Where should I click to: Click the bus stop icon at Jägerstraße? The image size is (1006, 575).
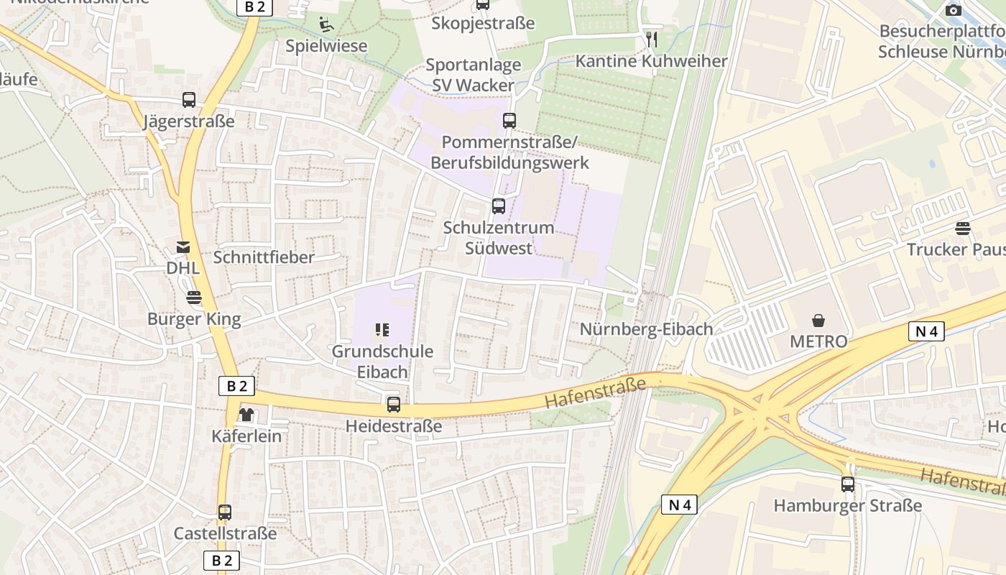pyautogui.click(x=189, y=100)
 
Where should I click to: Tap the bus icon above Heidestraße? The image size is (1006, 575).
pyautogui.click(x=394, y=405)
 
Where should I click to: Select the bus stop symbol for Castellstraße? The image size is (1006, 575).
pyautogui.click(x=225, y=512)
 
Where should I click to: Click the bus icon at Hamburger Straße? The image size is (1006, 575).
pyautogui.click(x=848, y=484)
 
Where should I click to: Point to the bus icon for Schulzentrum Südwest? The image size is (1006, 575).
pyautogui.click(x=499, y=206)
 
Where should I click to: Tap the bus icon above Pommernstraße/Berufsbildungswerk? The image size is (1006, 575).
pyautogui.click(x=509, y=120)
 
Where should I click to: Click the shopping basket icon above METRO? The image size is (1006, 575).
pyautogui.click(x=818, y=320)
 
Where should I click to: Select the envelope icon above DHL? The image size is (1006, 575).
pyautogui.click(x=183, y=247)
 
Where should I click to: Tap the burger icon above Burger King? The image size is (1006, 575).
pyautogui.click(x=194, y=298)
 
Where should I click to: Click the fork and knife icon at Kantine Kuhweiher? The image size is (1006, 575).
pyautogui.click(x=652, y=39)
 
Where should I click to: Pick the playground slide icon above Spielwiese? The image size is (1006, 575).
pyautogui.click(x=326, y=24)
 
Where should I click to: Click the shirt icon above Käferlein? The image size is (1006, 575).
pyautogui.click(x=246, y=415)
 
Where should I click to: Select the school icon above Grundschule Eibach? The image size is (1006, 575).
pyautogui.click(x=382, y=330)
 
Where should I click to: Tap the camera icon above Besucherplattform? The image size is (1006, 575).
pyautogui.click(x=954, y=10)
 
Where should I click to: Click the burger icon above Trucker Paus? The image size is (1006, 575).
pyautogui.click(x=963, y=229)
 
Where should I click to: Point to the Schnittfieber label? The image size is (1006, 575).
pyautogui.click(x=264, y=257)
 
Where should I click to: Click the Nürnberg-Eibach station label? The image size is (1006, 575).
pyautogui.click(x=646, y=329)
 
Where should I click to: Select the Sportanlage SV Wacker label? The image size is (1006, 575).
pyautogui.click(x=473, y=75)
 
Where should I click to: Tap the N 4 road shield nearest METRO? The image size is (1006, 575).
pyautogui.click(x=926, y=331)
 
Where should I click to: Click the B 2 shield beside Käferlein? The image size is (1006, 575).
pyautogui.click(x=236, y=386)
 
